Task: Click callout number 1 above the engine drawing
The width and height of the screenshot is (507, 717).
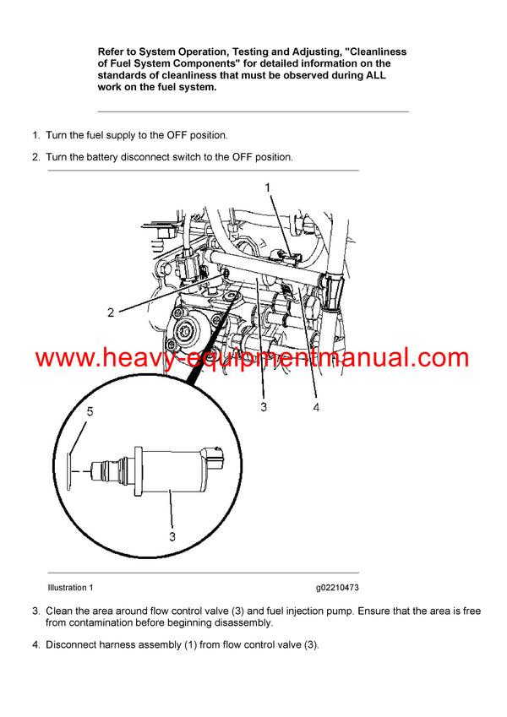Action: click(x=268, y=187)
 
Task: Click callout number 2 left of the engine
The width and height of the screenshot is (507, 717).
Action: click(x=111, y=312)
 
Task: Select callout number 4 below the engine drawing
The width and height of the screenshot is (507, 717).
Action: click(x=315, y=407)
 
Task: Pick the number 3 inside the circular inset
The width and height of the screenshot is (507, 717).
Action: click(x=171, y=535)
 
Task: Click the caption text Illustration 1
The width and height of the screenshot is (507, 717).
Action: click(x=70, y=587)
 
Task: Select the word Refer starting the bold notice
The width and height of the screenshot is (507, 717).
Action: click(x=113, y=52)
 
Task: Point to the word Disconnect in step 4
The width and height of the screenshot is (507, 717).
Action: click(x=72, y=645)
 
